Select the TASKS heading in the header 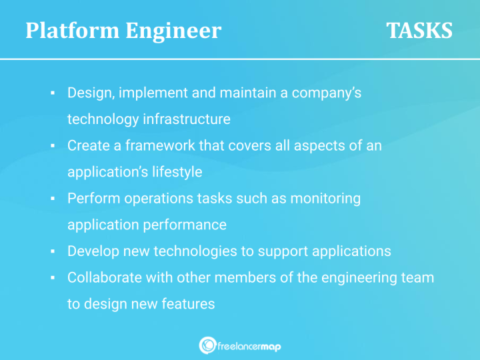click(419, 31)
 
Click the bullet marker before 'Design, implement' click(52, 93)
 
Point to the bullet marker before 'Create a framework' click(52, 146)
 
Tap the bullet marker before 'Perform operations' click(52, 199)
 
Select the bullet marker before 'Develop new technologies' click(52, 252)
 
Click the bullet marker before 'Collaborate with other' click(52, 278)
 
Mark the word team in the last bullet click(418, 278)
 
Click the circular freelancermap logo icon click(207, 345)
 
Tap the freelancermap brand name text click(249, 345)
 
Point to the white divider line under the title click(240, 59)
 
